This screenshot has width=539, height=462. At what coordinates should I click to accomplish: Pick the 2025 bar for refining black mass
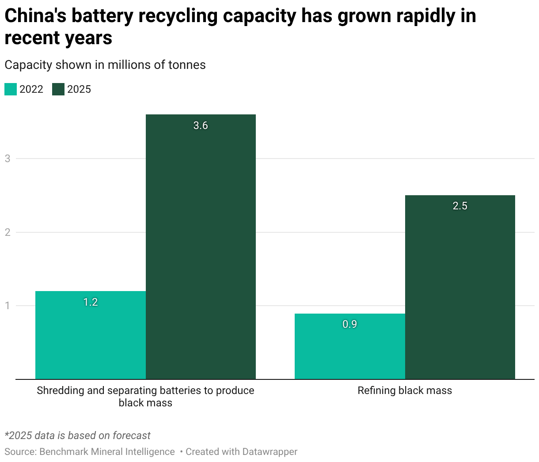pyautogui.click(x=460, y=287)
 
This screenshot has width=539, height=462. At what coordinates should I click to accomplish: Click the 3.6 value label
pyautogui.click(x=201, y=126)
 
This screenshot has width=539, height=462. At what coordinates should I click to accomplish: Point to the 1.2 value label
pyautogui.click(x=91, y=302)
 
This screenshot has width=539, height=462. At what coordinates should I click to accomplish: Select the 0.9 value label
pyautogui.click(x=349, y=324)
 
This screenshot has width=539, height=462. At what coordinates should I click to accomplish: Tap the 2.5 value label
pyautogui.click(x=460, y=206)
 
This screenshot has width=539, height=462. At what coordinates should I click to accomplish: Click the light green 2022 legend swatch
pyautogui.click(x=11, y=89)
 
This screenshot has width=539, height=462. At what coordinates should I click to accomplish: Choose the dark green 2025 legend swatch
pyautogui.click(x=58, y=89)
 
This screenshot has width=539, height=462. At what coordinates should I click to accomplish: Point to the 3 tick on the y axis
pyautogui.click(x=8, y=159)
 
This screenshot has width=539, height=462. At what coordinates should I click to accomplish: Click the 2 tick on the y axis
pyautogui.click(x=8, y=232)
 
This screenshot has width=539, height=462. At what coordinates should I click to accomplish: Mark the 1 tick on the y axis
pyautogui.click(x=8, y=306)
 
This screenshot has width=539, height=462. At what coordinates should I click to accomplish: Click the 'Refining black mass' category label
pyautogui.click(x=405, y=390)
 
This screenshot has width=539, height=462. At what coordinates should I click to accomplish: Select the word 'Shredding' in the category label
pyautogui.click(x=58, y=390)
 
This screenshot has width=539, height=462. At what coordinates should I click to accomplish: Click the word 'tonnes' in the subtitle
pyautogui.click(x=187, y=65)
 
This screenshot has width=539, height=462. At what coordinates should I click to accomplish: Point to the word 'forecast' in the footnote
pyautogui.click(x=131, y=435)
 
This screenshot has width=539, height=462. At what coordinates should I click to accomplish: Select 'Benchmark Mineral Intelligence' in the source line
pyautogui.click(x=107, y=452)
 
